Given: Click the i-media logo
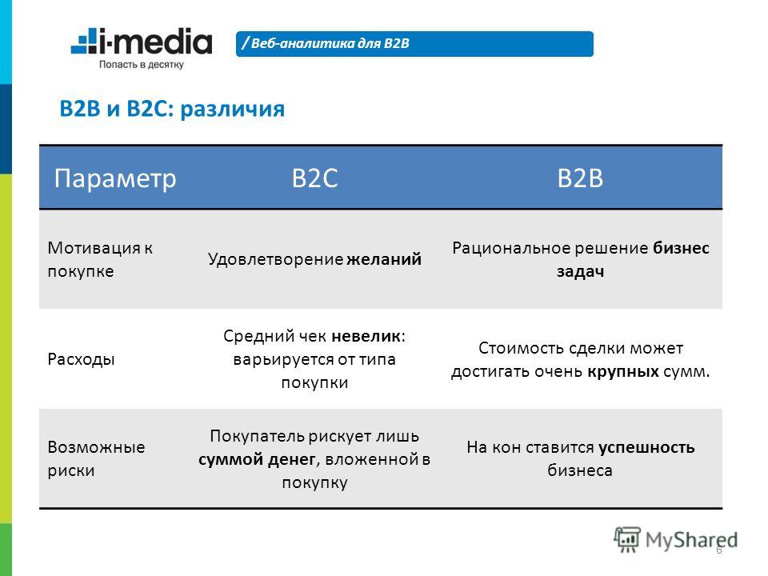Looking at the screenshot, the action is point(142,41).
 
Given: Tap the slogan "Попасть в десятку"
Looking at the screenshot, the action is point(142,64).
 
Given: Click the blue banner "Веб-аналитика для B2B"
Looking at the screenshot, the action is point(414,43).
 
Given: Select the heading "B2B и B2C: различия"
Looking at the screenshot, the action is point(172,109).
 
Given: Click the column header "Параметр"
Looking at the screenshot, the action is point(115,178).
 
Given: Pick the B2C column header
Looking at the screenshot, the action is point(314,178).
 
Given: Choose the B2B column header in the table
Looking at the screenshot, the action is point(580,178).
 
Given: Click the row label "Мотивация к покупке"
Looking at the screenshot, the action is point(101,259).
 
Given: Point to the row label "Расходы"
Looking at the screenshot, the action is point(81,359).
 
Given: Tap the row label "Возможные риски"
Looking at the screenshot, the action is point(96,458).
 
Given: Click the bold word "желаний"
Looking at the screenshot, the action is point(384,259).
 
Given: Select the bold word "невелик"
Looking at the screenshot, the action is point(366,336).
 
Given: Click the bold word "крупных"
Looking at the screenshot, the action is point(623,372).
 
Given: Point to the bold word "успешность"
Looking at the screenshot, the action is point(646,447).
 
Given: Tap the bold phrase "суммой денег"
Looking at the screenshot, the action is point(257,459).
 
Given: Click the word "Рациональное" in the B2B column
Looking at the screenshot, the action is point(511,248).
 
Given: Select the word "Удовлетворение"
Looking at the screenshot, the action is point(275,259).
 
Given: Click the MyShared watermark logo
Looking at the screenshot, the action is point(676,540).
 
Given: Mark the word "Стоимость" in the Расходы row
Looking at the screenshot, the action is point(516,348).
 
